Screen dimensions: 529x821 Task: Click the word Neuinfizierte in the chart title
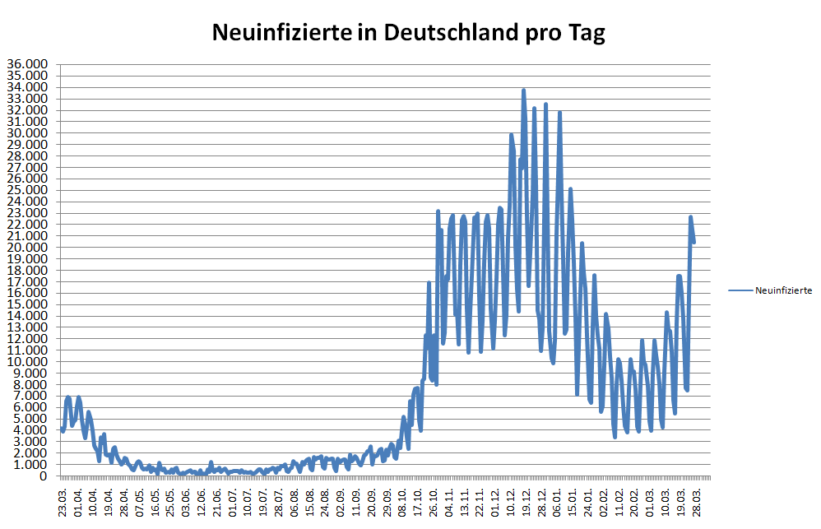[276, 32]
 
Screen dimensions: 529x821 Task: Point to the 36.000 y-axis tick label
[28, 64]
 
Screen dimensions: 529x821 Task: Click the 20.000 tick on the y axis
[28, 247]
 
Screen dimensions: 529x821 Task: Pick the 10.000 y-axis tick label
[28, 361]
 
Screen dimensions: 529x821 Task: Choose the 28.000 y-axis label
[28, 155]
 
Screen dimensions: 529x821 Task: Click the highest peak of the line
[523, 90]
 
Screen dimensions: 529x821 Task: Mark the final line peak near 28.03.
[691, 217]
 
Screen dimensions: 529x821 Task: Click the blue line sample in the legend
[740, 290]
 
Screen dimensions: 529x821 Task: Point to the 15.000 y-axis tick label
[28, 304]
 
